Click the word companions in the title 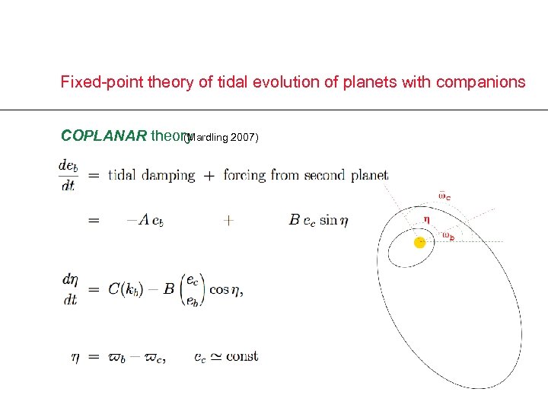(x=480, y=82)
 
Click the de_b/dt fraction (x=68, y=175)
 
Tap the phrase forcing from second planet (x=306, y=175)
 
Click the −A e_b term (x=145, y=220)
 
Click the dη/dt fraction (x=70, y=289)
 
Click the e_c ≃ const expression (x=226, y=356)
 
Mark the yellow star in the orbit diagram (x=419, y=243)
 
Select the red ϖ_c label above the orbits (x=444, y=196)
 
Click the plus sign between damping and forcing (x=209, y=175)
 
